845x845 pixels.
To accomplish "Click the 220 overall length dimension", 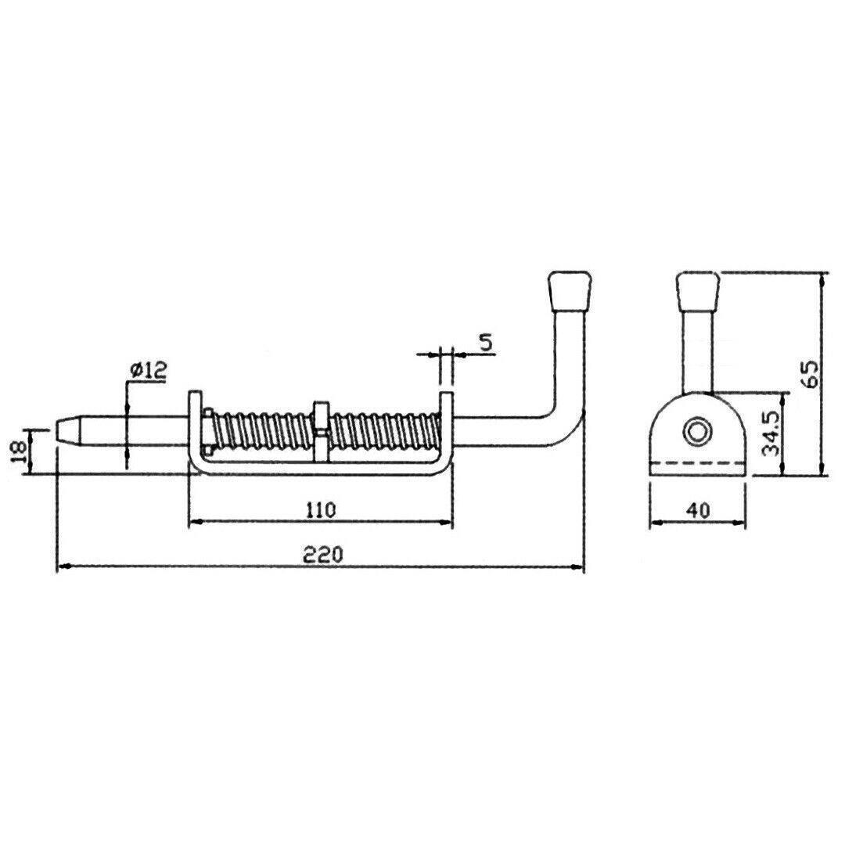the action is point(322,554).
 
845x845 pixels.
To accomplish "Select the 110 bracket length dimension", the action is point(321,509).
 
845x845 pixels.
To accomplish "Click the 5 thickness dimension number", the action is point(486,343).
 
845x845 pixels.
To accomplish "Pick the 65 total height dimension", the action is point(810,373).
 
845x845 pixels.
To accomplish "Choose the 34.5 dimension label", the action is point(771,434).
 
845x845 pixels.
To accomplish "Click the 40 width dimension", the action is point(699,510).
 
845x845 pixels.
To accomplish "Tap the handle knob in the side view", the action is point(570,290).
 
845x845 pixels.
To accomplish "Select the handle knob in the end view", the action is point(698,290).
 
